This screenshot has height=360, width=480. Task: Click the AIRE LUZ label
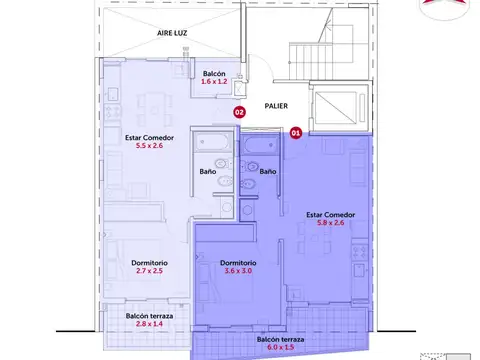(x=172, y=33)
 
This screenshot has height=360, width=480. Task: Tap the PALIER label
(x=276, y=106)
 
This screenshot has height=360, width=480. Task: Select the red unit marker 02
(x=239, y=112)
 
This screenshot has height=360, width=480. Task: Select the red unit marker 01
(x=296, y=133)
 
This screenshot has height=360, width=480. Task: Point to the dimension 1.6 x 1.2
(x=214, y=81)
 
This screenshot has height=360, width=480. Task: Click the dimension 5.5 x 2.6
(x=149, y=146)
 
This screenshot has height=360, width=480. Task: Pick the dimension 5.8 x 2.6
(x=331, y=223)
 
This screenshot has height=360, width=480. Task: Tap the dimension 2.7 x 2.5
(x=149, y=271)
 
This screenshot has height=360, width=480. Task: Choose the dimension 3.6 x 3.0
(x=238, y=271)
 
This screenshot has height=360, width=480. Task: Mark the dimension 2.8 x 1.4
(x=149, y=324)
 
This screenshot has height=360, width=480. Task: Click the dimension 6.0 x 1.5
(x=280, y=347)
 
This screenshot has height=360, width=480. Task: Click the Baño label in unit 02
(x=208, y=171)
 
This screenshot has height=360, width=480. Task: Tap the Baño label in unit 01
(x=268, y=171)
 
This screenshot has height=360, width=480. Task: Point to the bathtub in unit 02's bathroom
(x=213, y=142)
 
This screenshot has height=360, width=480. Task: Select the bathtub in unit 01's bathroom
(x=261, y=145)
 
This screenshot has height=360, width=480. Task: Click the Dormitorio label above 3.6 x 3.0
(x=238, y=263)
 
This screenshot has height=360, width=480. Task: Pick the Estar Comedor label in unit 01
(x=331, y=215)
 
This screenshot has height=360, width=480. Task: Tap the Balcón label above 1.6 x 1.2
(x=214, y=73)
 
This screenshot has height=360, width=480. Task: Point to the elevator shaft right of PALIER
(x=340, y=107)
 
